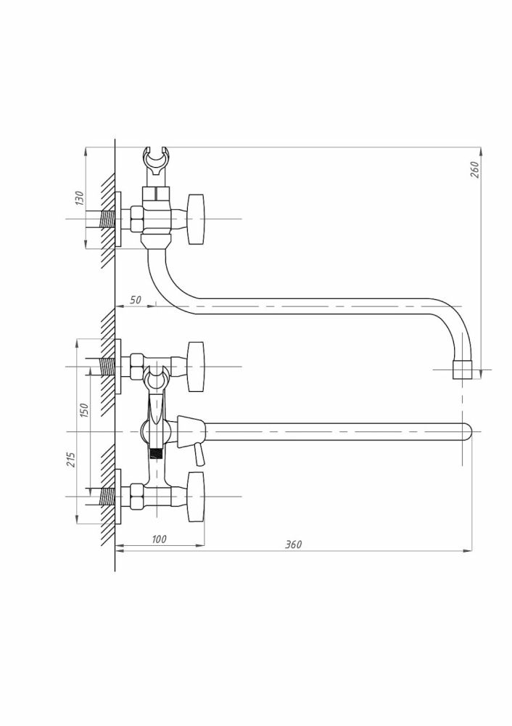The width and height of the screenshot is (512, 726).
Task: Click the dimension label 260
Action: coord(474,169)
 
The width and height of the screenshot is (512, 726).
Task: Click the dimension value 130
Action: coord(80,198)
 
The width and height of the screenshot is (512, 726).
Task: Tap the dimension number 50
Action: coord(135,300)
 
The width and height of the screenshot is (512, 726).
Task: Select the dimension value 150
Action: coord(83,410)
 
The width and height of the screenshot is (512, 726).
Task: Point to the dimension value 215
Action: coord(71,460)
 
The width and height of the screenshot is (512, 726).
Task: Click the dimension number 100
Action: coord(159,539)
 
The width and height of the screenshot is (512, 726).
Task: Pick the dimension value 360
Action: coord(293,544)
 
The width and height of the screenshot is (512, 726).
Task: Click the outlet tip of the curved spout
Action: coord(462,370)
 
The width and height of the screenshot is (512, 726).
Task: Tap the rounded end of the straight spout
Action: coord(467,431)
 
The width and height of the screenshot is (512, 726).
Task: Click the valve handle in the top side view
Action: coord(195,219)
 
